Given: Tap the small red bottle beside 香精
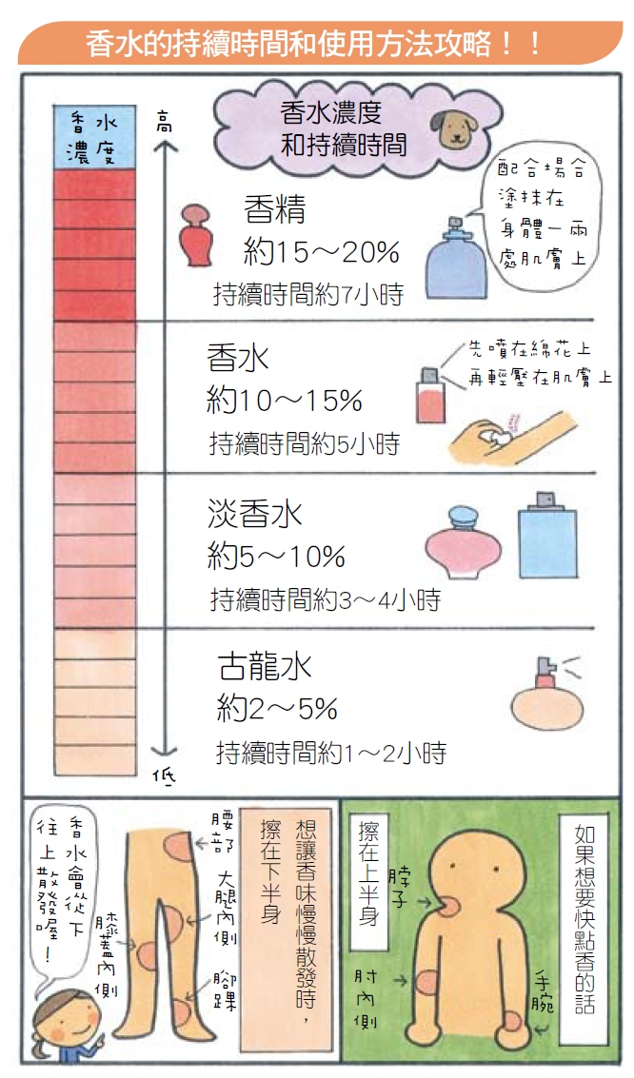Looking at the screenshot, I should point(199,234).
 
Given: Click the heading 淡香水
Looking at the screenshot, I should point(254,514).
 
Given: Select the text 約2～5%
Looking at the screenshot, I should point(277,709).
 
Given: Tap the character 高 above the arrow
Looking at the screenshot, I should point(166,121).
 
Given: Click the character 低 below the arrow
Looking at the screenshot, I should point(165,776).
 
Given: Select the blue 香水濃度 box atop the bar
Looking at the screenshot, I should point(94,139).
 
